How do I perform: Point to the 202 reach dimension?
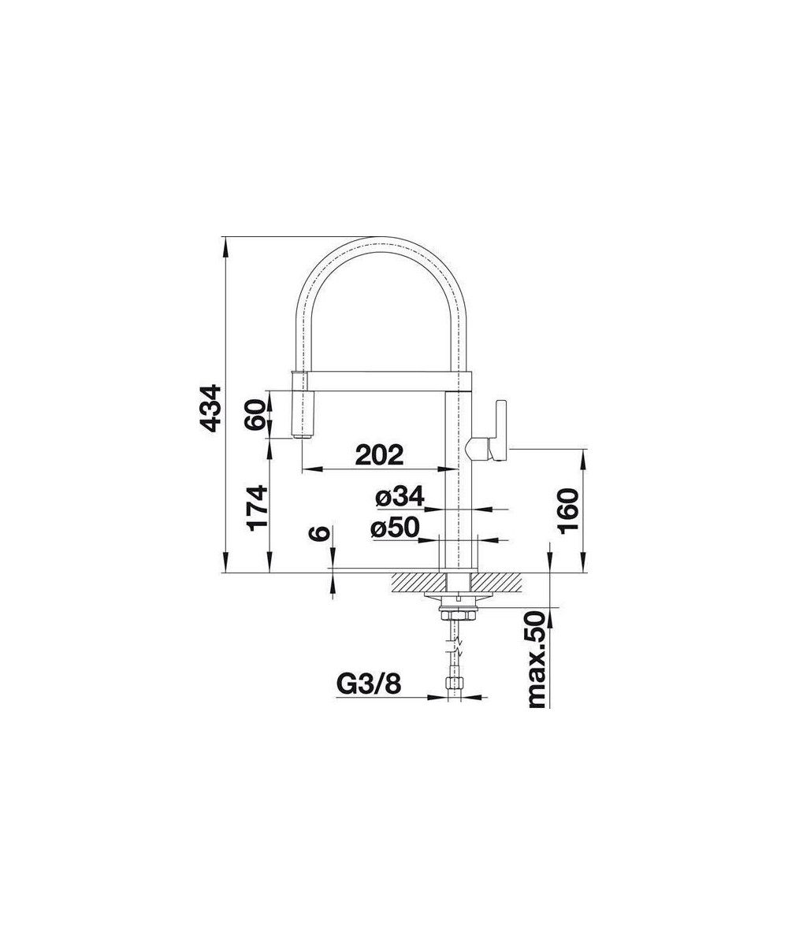pos(379,454)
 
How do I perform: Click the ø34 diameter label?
pos(400,496)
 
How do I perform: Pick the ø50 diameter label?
pos(395,528)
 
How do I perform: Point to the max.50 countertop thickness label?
pos(537,659)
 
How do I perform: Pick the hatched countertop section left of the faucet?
pos(414,583)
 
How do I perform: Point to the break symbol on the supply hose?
pos(456,650)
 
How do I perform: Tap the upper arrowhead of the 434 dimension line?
pos(227,244)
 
